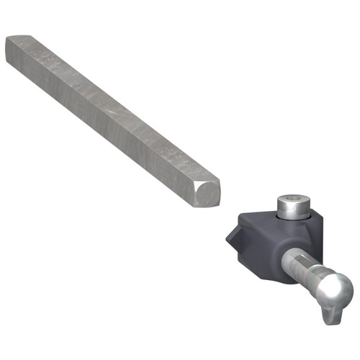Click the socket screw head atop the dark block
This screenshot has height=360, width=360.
[293, 206]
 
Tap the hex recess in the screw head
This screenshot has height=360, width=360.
[294, 198]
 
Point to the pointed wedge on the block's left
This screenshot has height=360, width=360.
[231, 237]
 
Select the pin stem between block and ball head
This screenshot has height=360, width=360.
[306, 270]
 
